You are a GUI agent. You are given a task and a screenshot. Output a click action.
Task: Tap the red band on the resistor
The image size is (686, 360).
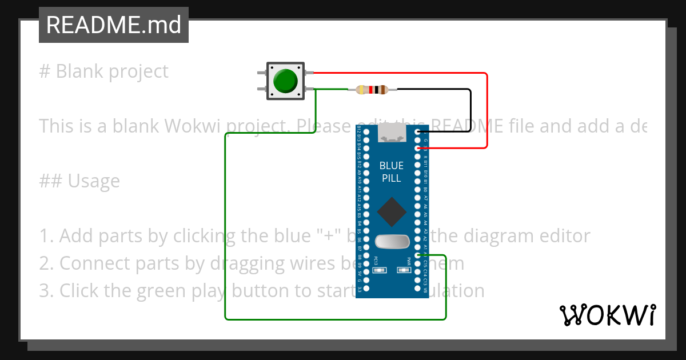[x=372, y=89]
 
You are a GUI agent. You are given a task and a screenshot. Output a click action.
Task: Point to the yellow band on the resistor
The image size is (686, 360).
[x=361, y=89]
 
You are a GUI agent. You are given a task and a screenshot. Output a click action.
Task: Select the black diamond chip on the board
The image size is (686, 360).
[x=392, y=211]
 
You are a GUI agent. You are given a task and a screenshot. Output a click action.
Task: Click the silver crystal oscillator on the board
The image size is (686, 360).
[x=392, y=242]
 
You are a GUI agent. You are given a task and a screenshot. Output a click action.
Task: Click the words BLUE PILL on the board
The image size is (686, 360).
[x=392, y=172]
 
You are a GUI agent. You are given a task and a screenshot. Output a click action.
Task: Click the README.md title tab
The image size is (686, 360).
[x=113, y=25]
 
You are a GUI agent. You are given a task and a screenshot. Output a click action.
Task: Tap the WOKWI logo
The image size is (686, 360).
[x=607, y=315]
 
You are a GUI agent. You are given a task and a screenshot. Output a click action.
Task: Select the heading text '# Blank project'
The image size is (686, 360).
[x=103, y=71]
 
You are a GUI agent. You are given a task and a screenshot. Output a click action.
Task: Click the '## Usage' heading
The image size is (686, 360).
[x=79, y=181]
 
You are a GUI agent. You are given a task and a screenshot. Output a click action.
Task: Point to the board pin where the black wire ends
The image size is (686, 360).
[x=418, y=132]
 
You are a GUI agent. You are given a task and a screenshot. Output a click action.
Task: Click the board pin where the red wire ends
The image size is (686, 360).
[x=418, y=148]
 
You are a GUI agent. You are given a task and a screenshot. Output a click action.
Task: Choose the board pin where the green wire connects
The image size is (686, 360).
[x=418, y=255]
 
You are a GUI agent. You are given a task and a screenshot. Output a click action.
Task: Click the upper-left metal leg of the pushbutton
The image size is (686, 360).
[x=262, y=73]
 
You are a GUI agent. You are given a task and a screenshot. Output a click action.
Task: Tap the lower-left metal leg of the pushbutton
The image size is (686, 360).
[x=262, y=89]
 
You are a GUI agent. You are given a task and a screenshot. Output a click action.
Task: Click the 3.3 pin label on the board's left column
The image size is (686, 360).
[x=359, y=290]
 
